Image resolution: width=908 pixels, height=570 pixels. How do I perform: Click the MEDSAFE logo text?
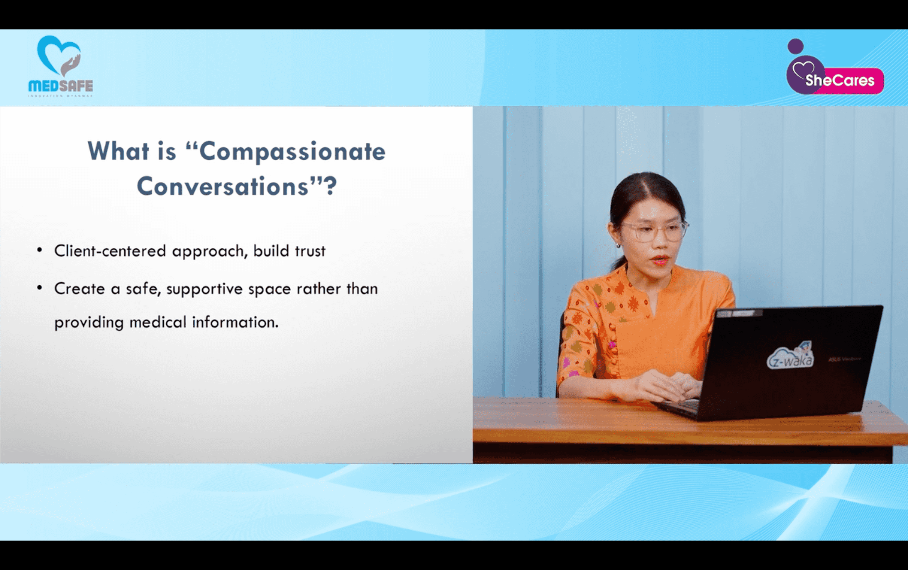[x=61, y=86]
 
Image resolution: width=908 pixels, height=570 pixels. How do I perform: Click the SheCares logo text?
[x=840, y=80]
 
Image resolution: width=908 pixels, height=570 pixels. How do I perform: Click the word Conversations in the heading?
[x=222, y=186]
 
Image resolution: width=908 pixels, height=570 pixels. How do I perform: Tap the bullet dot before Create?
[x=40, y=288]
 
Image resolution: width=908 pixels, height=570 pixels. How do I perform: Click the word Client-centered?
[x=110, y=251]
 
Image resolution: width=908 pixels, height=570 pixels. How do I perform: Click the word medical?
[x=158, y=322]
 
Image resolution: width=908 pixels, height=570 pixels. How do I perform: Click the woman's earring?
[x=618, y=246]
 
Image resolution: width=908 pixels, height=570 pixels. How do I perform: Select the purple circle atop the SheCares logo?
[x=795, y=46]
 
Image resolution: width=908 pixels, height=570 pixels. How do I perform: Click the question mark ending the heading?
[x=331, y=186]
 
